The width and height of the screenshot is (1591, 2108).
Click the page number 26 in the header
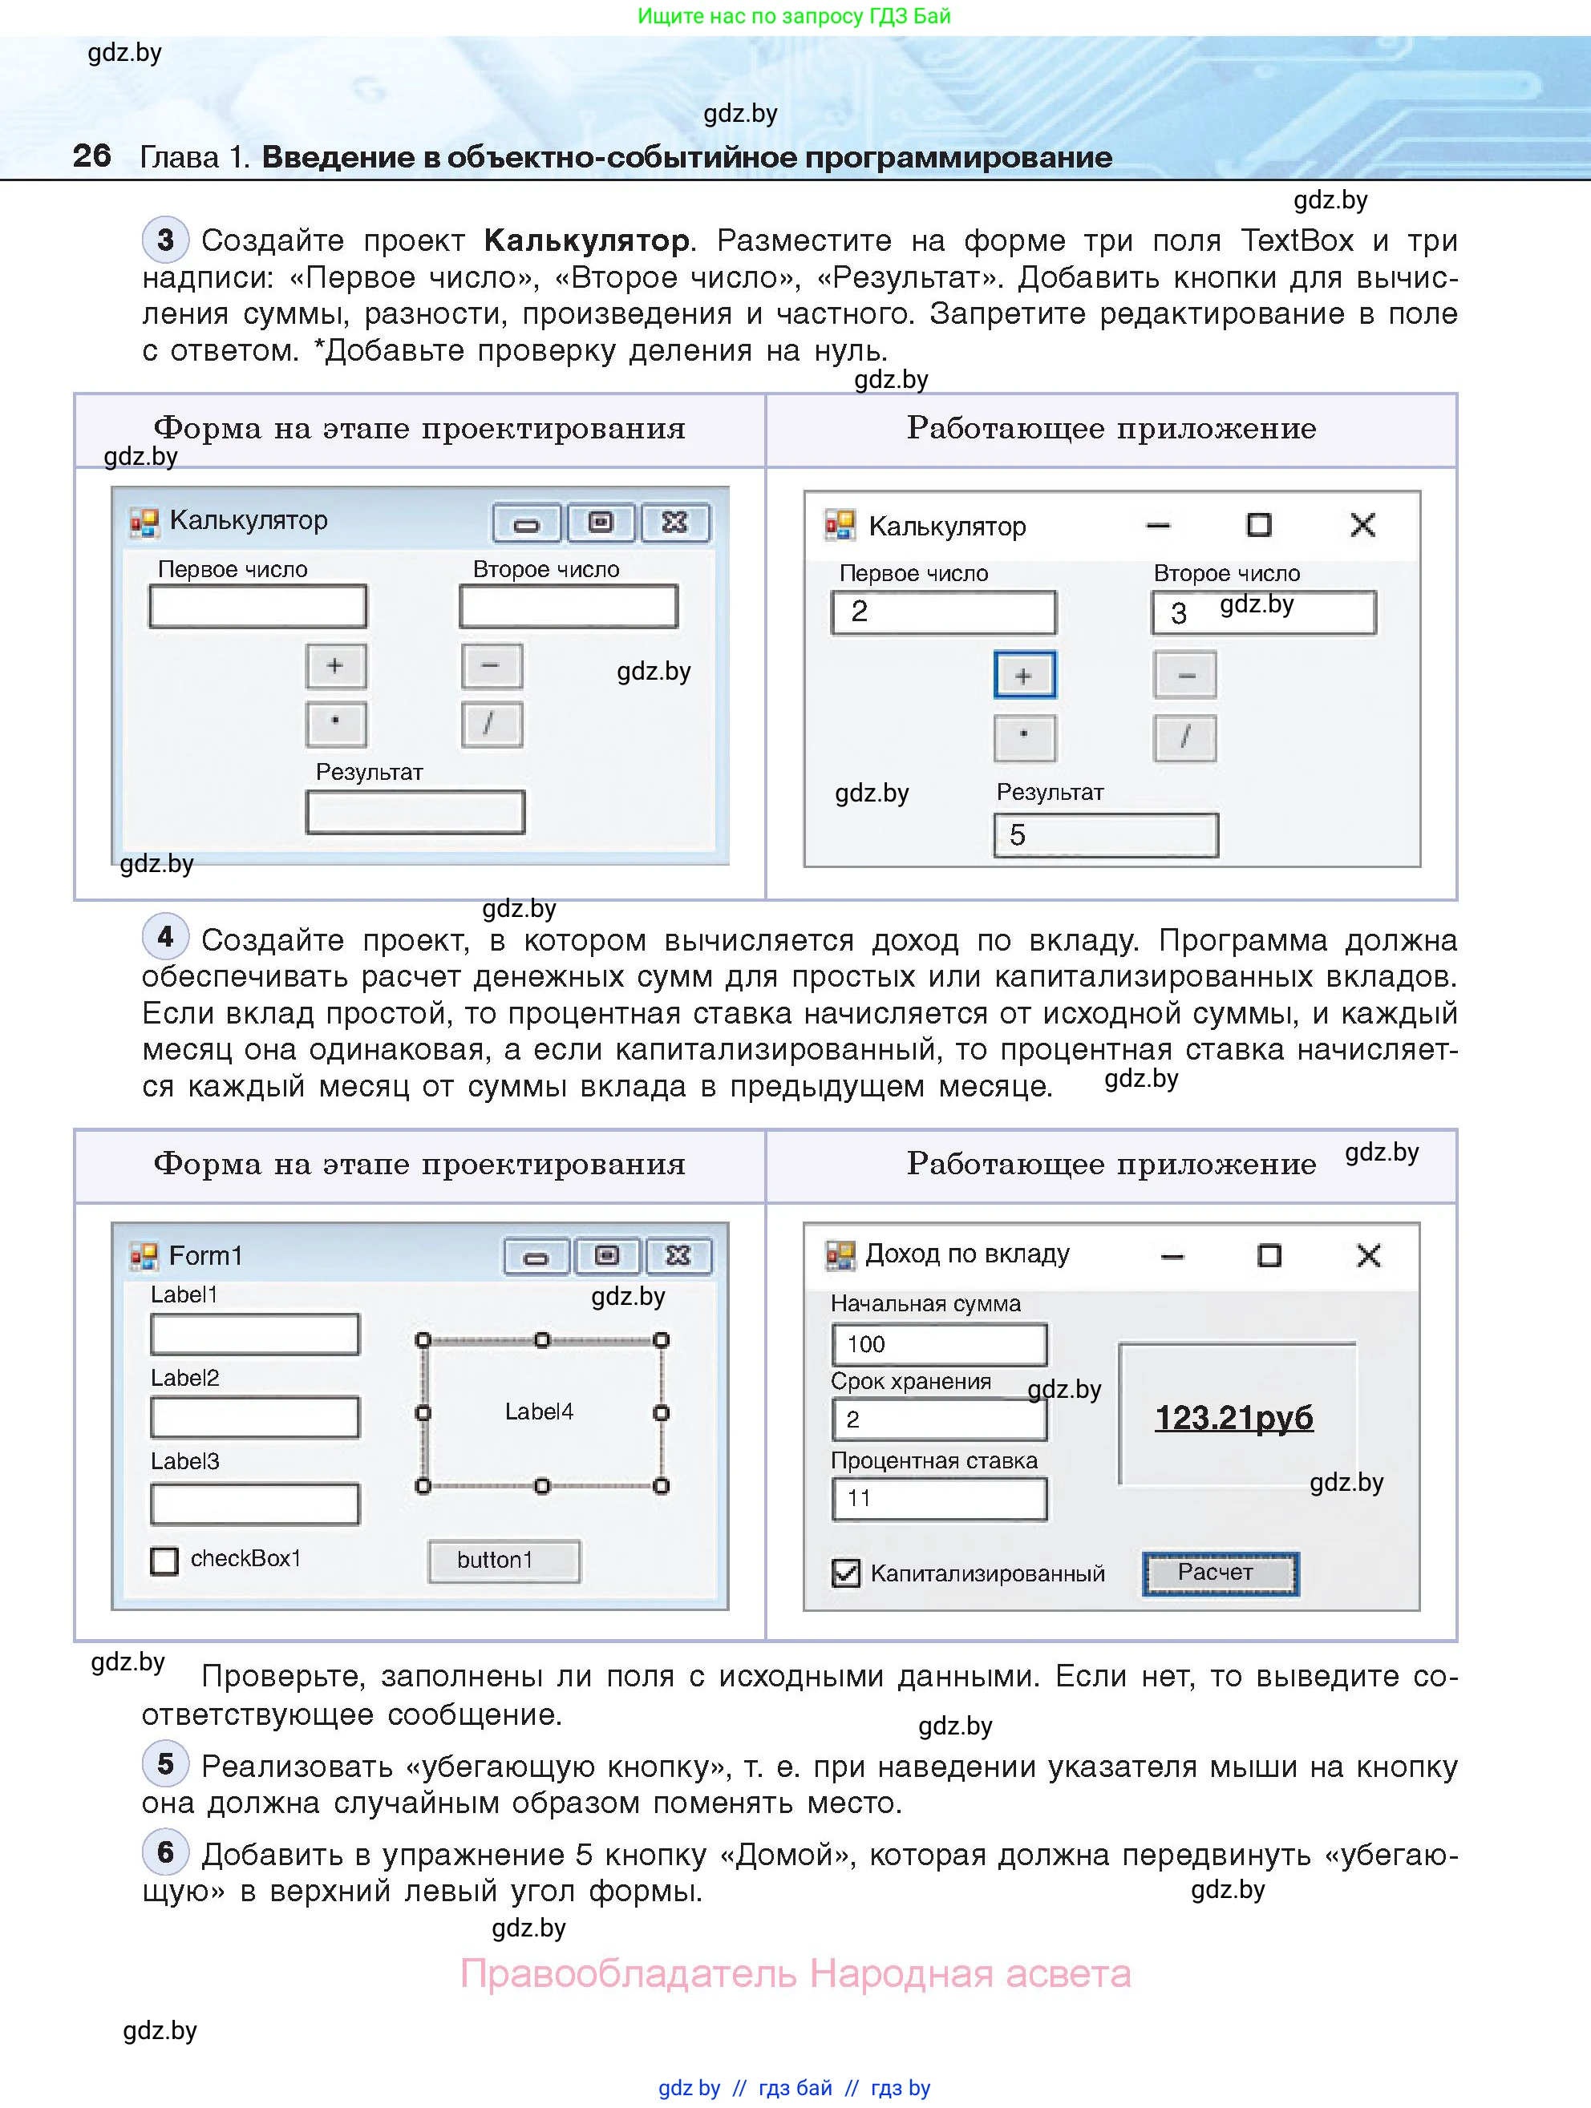[91, 155]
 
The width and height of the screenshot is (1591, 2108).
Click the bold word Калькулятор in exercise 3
[586, 240]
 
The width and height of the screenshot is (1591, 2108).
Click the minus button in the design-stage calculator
[491, 665]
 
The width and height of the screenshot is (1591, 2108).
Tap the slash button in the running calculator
[1185, 737]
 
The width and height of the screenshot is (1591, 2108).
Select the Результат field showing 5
[1105, 835]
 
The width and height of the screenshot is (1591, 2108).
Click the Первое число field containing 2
[943, 612]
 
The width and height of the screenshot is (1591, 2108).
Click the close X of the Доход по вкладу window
[1368, 1255]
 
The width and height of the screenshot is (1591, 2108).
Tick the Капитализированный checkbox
[845, 1573]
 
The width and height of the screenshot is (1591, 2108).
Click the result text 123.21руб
[1233, 1417]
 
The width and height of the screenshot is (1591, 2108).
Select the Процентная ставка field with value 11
[939, 1498]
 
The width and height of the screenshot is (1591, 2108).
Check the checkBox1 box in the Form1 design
[164, 1560]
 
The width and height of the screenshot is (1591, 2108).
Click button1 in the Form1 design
[504, 1560]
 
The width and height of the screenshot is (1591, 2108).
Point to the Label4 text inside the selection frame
[539, 1411]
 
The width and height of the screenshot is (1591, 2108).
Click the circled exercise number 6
[166, 1852]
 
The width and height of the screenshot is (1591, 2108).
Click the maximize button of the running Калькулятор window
[1258, 524]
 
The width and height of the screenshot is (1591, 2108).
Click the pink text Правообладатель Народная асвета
[795, 1973]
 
